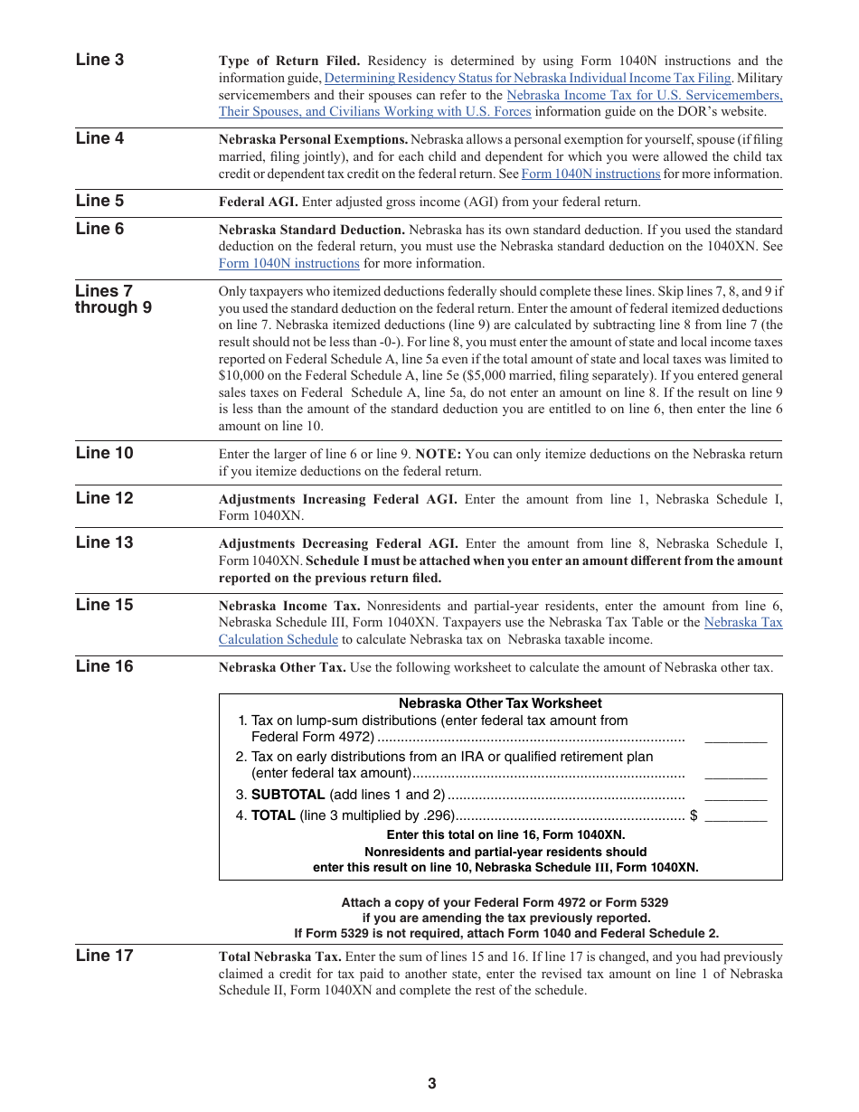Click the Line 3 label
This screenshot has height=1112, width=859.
tap(99, 60)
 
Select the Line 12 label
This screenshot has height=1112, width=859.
tap(104, 498)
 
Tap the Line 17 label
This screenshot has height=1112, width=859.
tap(104, 956)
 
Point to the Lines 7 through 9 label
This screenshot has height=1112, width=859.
tap(113, 299)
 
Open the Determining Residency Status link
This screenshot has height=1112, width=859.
tap(527, 79)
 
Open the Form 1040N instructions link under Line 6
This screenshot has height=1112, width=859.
tap(289, 264)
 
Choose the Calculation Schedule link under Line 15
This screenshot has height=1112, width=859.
tap(278, 639)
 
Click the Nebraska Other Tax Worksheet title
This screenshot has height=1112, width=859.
tap(500, 703)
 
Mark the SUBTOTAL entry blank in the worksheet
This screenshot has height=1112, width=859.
tap(735, 796)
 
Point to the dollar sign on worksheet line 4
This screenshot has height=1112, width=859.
tap(694, 815)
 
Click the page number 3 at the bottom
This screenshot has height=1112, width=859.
tap(431, 1083)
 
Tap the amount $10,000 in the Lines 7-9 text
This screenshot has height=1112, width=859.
tap(241, 376)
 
